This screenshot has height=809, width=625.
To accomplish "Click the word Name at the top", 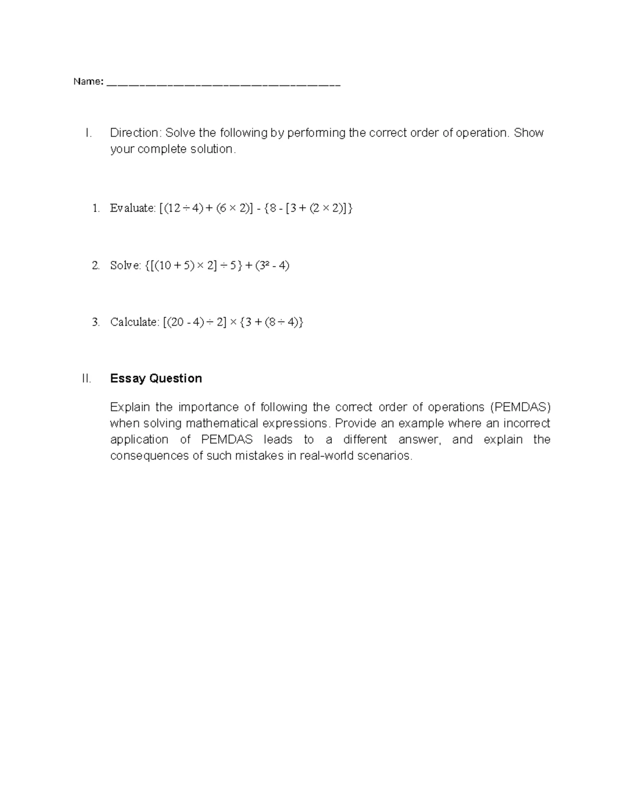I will click(87, 82).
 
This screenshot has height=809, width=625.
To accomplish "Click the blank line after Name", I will click(223, 84).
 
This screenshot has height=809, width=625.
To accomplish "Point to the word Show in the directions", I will click(529, 133).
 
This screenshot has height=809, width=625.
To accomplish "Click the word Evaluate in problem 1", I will click(132, 208).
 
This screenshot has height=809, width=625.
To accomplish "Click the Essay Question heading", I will click(156, 378).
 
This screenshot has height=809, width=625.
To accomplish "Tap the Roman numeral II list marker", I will click(86, 378).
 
